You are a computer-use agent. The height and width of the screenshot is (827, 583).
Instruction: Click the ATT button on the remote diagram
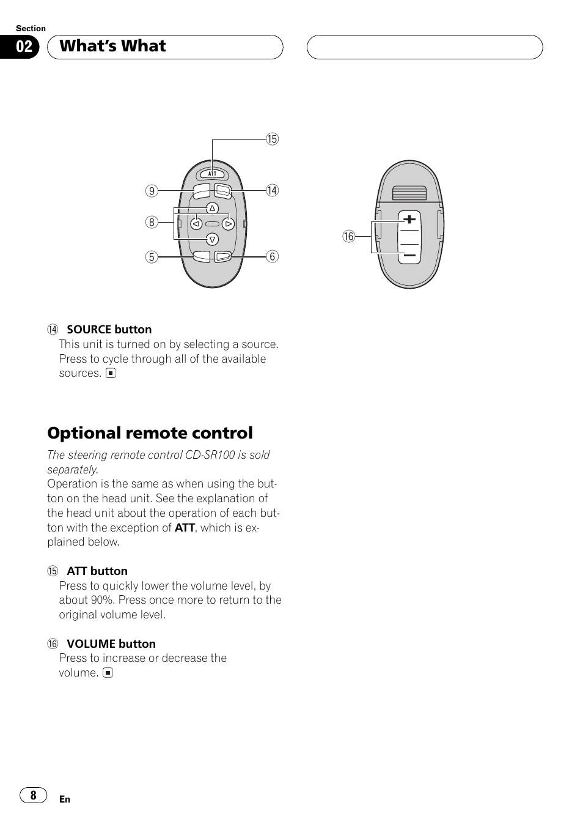click(212, 174)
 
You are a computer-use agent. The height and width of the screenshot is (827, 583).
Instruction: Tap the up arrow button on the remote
click(212, 209)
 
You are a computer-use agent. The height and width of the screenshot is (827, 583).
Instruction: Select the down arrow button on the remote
click(212, 239)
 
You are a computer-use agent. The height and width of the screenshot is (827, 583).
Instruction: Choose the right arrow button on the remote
click(228, 224)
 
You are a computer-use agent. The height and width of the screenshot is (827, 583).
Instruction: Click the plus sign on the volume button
click(409, 219)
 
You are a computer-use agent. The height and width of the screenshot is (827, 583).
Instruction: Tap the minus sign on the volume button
click(409, 254)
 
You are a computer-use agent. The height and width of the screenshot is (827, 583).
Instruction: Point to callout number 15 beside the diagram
click(272, 139)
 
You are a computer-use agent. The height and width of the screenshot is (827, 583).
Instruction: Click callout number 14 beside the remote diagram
click(272, 190)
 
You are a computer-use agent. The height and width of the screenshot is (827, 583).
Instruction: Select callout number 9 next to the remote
click(152, 191)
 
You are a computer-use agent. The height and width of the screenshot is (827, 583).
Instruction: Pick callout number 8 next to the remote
click(152, 222)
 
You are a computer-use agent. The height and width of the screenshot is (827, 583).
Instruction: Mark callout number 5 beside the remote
click(152, 257)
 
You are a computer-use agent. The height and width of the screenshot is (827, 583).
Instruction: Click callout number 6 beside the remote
click(273, 256)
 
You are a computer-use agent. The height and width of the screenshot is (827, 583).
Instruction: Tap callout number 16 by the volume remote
click(348, 237)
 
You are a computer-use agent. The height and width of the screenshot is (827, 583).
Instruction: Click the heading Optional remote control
click(150, 433)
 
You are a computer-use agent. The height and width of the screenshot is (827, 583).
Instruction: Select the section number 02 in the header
click(24, 47)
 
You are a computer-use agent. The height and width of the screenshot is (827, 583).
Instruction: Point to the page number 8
click(33, 795)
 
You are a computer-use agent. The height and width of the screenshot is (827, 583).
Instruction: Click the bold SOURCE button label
click(109, 330)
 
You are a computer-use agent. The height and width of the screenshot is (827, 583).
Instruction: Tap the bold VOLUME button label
click(111, 643)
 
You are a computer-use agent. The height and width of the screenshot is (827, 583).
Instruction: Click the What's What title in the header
click(113, 46)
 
